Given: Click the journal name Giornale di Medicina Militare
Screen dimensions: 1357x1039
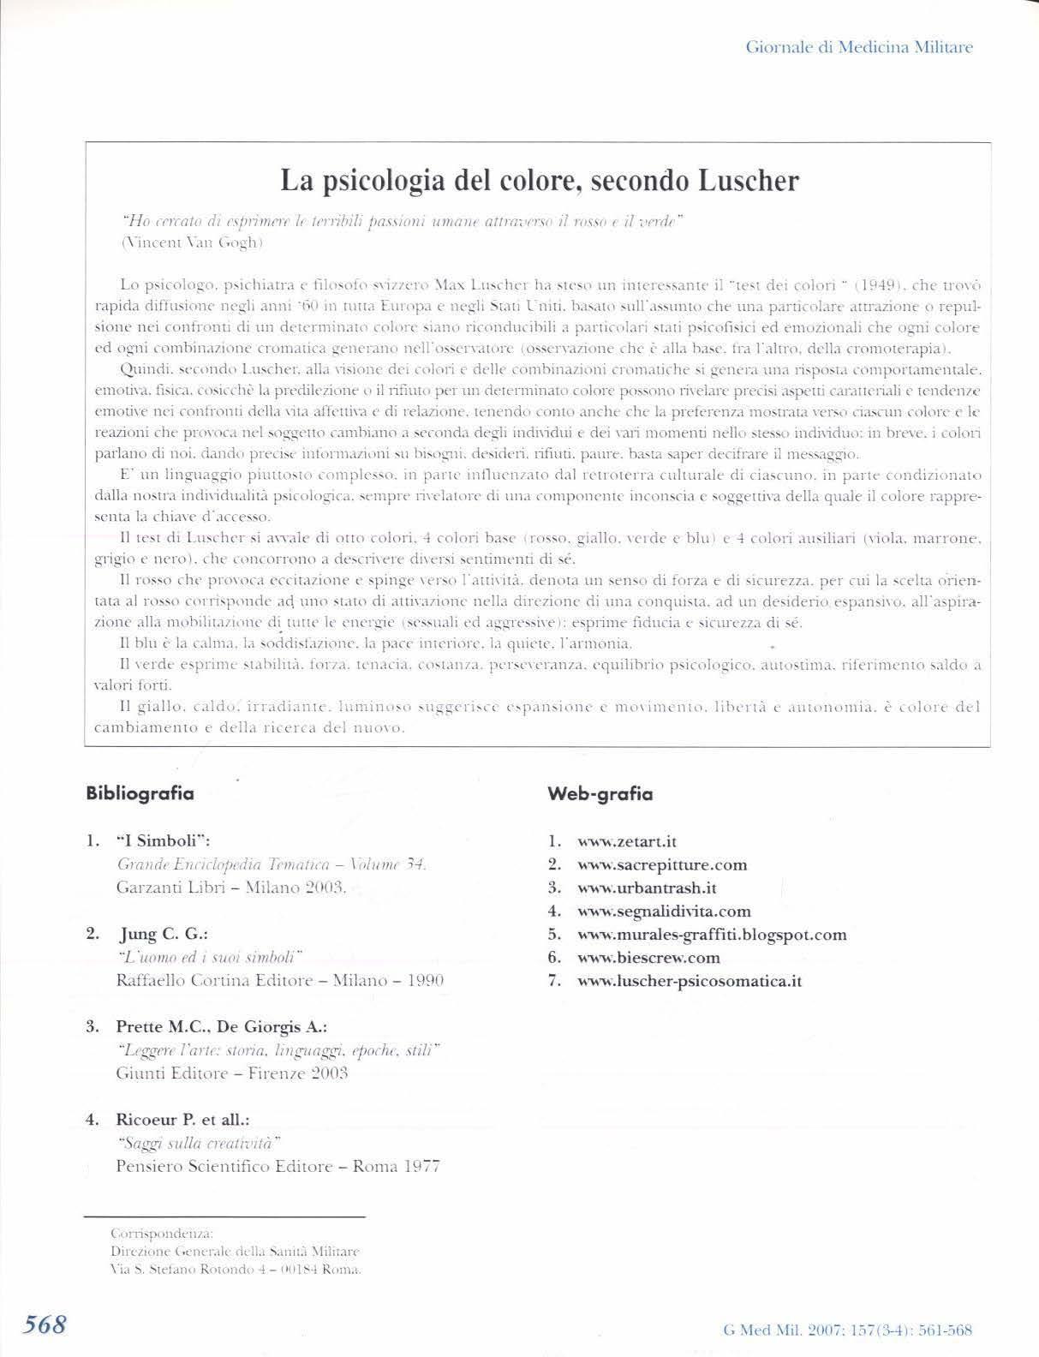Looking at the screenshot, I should [x=859, y=47].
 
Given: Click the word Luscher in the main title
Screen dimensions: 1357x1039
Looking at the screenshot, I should [x=746, y=181].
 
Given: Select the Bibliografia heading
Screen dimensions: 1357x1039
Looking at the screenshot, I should [x=140, y=793].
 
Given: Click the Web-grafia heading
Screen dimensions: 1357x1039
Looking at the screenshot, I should [x=600, y=794].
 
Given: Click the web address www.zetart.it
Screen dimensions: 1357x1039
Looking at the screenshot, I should [x=627, y=841].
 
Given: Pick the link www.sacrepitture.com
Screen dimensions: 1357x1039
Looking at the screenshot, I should [x=662, y=864].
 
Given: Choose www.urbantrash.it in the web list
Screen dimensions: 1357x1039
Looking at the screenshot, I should [x=647, y=888].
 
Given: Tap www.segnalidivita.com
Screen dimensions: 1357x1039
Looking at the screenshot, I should [x=664, y=911].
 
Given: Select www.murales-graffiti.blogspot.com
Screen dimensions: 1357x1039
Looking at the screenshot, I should [x=712, y=934].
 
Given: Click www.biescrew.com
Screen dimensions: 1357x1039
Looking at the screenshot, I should [x=648, y=957].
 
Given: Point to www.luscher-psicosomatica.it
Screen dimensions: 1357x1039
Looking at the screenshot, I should [x=690, y=980].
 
